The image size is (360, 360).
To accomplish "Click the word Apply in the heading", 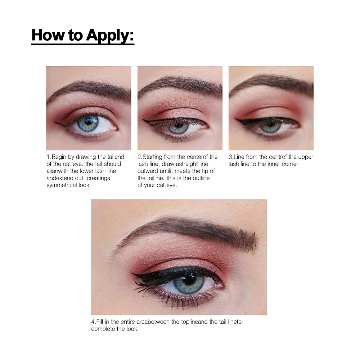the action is [x=110, y=36].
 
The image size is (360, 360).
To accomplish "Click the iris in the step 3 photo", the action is [x=271, y=126].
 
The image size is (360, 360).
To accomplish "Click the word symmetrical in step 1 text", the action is [x=62, y=185].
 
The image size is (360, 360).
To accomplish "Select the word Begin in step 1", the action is [x=59, y=157].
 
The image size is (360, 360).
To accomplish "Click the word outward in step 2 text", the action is [x=148, y=171].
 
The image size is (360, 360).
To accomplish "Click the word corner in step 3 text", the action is [x=291, y=164].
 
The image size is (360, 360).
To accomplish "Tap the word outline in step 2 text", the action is [x=201, y=178].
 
